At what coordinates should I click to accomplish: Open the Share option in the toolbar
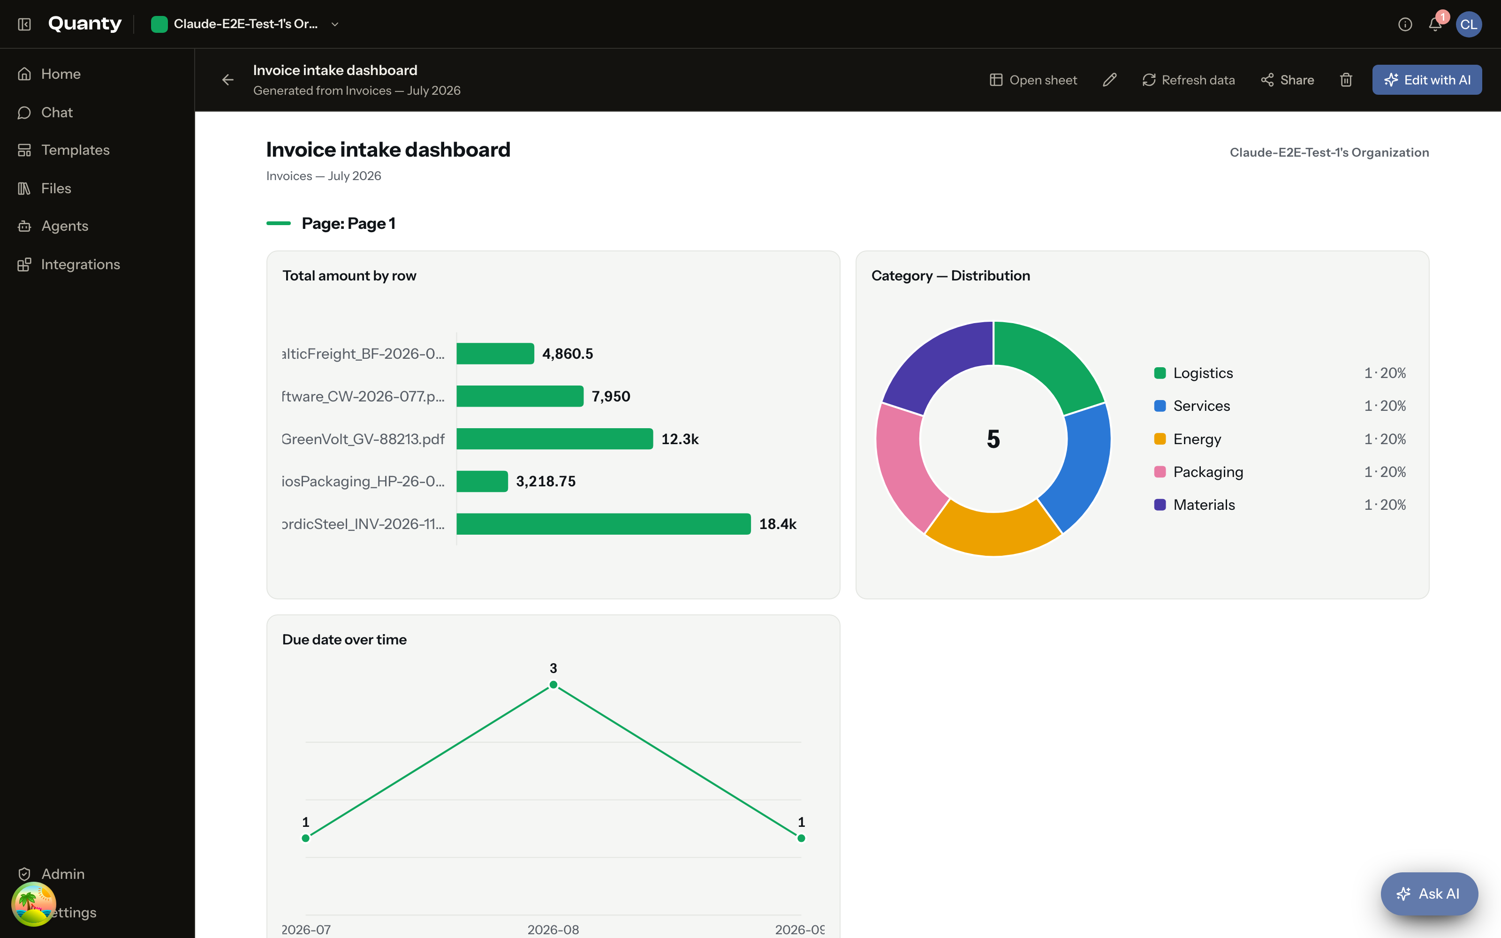click(1287, 80)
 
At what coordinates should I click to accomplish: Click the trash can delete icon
click(1346, 80)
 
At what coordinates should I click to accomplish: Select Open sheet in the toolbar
click(1033, 80)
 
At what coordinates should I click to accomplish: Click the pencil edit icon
click(1110, 80)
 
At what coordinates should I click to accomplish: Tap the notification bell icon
click(1435, 24)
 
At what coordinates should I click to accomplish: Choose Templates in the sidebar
click(75, 150)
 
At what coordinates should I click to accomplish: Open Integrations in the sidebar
click(80, 264)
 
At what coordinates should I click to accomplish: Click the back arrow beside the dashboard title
click(227, 80)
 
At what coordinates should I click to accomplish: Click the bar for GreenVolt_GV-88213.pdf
click(554, 439)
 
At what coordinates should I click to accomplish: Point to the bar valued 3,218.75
click(482, 481)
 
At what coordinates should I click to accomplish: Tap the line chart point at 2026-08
click(553, 685)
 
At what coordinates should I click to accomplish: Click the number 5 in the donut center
click(993, 439)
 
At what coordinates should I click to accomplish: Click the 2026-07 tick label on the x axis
click(306, 929)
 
